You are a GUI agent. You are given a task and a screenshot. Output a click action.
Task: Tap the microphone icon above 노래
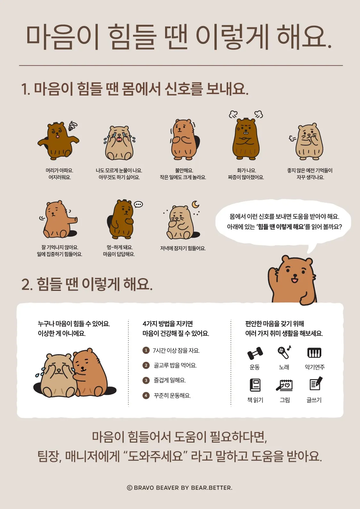pyautogui.click(x=284, y=352)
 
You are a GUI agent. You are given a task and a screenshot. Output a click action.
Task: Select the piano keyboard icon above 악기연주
pyautogui.click(x=314, y=353)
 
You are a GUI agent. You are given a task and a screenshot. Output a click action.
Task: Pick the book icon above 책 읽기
pyautogui.click(x=255, y=385)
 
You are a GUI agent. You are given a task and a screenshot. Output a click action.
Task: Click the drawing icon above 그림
pyautogui.click(x=284, y=385)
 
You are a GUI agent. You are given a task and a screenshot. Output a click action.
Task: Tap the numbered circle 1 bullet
pyautogui.click(x=146, y=350)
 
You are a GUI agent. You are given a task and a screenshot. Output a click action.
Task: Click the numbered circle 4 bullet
pyautogui.click(x=146, y=395)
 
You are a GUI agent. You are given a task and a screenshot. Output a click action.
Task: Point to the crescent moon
pyautogui.click(x=195, y=204)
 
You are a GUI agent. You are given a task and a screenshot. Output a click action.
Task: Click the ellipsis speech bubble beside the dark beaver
pyautogui.click(x=138, y=204)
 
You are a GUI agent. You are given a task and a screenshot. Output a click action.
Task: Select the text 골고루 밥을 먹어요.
pyautogui.click(x=175, y=365)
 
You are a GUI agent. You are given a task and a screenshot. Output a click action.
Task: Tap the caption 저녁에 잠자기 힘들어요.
pyautogui.click(x=183, y=248)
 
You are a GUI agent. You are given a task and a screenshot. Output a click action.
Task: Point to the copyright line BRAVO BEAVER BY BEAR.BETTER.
pyautogui.click(x=180, y=488)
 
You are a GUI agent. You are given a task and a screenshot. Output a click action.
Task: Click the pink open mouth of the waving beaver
pyautogui.click(x=294, y=280)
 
